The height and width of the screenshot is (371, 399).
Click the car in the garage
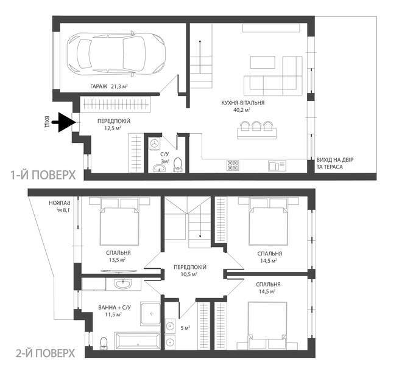116,54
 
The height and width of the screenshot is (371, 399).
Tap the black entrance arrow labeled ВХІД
64,122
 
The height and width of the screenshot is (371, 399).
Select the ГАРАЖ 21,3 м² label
109,86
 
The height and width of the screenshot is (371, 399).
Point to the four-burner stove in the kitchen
233,165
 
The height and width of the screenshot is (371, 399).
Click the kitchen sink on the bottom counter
277,165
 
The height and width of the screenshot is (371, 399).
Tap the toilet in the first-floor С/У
178,165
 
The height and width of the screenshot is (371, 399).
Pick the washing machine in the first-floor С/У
154,144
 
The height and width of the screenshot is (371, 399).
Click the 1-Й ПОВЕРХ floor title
43,175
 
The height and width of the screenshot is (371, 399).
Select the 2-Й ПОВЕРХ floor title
45,353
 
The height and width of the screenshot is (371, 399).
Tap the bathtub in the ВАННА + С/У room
138,341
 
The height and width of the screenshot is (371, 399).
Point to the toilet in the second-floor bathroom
104,343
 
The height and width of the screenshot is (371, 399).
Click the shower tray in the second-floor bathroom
150,314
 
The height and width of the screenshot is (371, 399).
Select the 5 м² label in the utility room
186,328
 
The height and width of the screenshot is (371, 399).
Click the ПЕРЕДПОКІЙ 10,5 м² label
190,271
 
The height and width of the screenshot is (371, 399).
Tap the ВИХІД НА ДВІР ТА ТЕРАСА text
334,164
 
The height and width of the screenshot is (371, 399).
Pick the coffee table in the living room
263,62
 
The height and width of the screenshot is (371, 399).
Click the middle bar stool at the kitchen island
256,125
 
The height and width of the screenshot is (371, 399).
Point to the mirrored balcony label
60,207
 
